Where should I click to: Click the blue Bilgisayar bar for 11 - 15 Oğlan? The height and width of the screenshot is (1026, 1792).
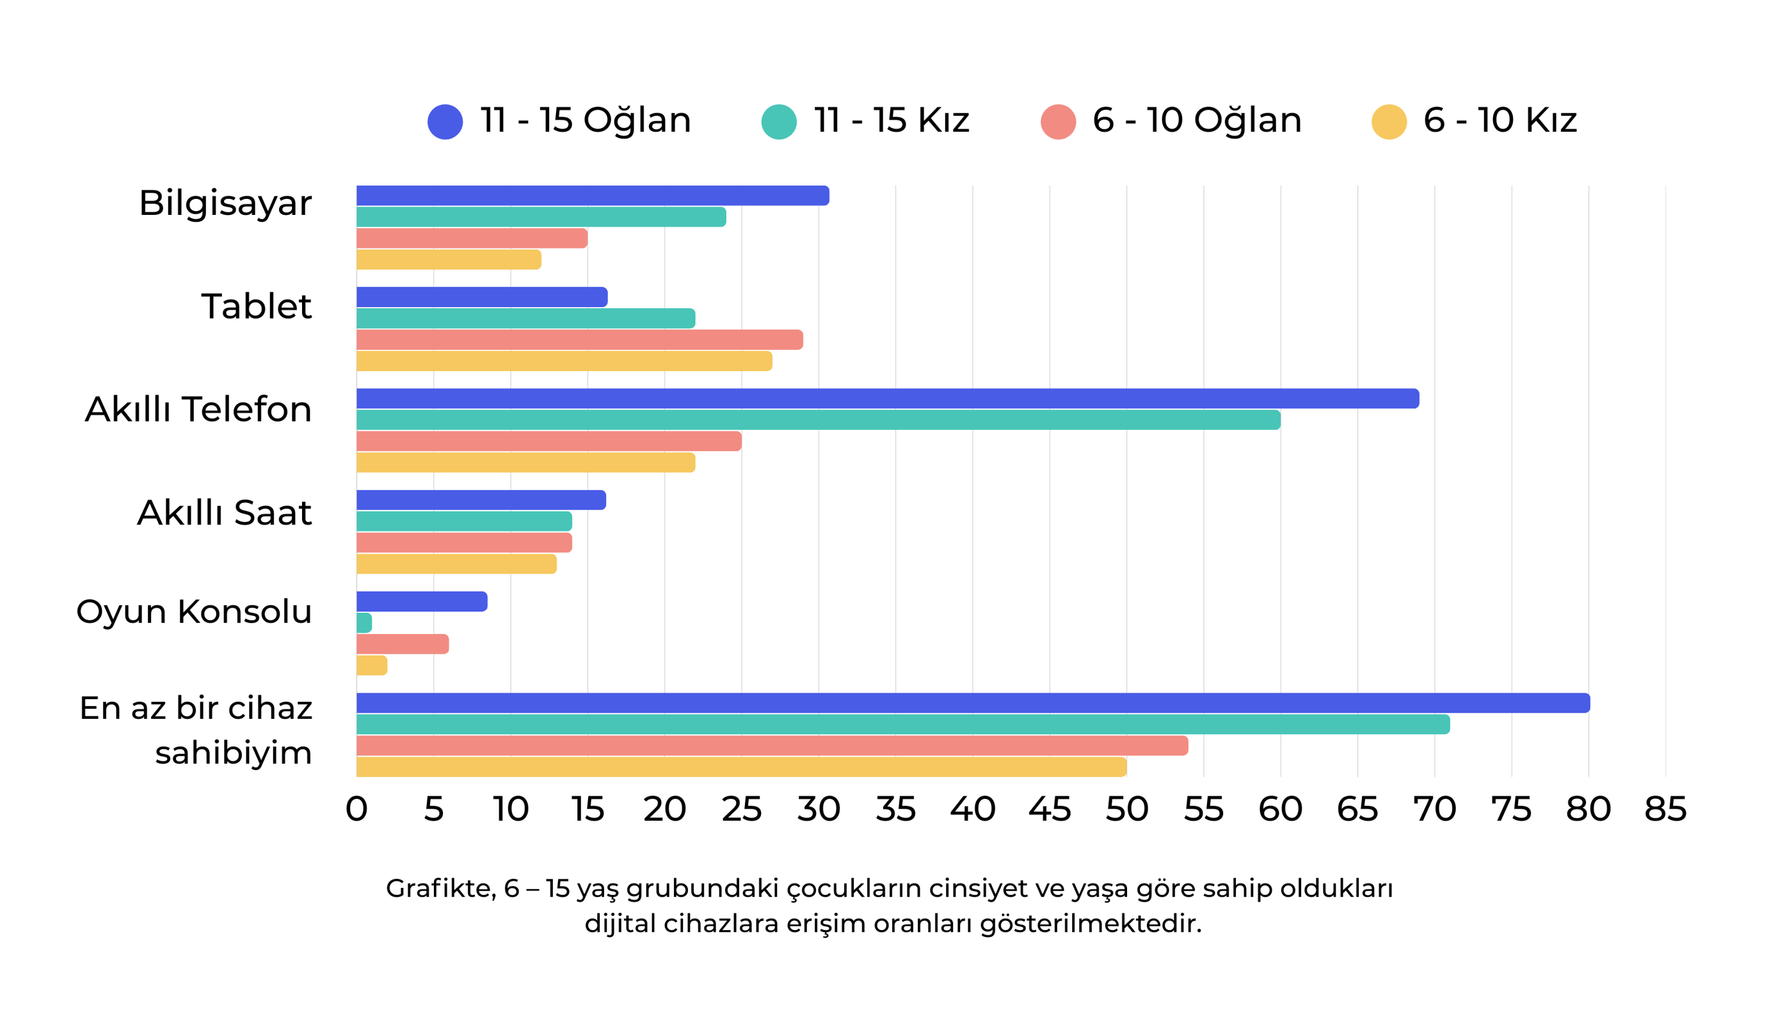[x=592, y=196]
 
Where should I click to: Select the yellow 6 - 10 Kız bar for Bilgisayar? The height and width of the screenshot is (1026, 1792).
[x=449, y=259]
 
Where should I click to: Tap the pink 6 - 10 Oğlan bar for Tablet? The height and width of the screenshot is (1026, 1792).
[x=579, y=340]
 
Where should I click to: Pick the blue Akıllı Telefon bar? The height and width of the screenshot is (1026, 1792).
[x=887, y=399]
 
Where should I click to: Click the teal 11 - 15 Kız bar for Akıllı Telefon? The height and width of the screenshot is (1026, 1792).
[x=818, y=420]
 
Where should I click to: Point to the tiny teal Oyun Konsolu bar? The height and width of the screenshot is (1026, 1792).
[x=364, y=623]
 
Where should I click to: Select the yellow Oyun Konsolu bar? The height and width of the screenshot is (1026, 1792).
[x=371, y=665]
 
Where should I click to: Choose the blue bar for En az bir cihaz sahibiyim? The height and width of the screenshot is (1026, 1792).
[x=973, y=703]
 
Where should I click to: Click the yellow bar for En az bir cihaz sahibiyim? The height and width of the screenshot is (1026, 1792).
[x=740, y=767]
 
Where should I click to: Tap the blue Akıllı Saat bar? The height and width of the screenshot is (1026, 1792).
[x=481, y=500]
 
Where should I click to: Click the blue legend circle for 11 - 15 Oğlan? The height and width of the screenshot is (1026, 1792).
[x=445, y=122]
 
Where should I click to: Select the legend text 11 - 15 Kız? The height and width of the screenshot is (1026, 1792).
[x=891, y=120]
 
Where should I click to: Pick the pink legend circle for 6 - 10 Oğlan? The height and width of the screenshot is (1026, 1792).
[x=1057, y=122]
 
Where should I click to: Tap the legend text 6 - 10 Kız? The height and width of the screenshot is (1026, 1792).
[x=1500, y=120]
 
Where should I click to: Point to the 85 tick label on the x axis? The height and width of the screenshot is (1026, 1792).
[x=1665, y=809]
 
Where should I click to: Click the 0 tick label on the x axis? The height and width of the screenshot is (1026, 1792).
[x=356, y=809]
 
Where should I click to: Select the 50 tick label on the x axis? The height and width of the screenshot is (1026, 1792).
[x=1126, y=809]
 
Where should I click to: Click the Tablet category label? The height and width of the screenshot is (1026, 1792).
[x=256, y=306]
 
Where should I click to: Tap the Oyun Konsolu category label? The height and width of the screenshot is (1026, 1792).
[x=194, y=611]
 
